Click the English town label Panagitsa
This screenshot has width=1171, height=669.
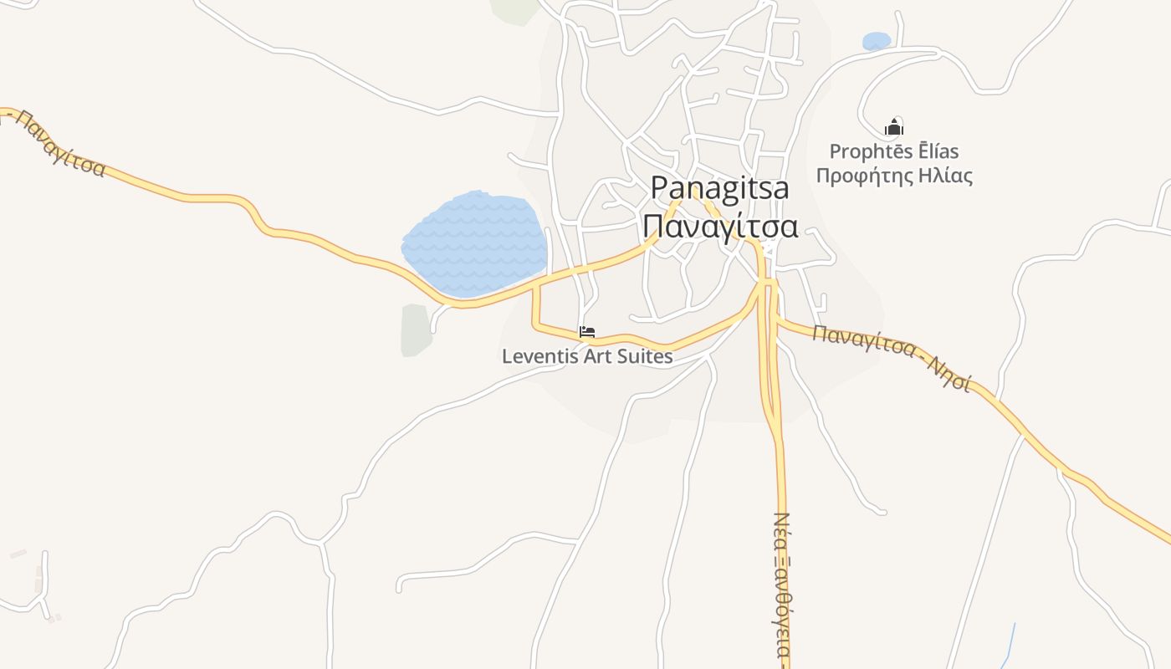point(719,188)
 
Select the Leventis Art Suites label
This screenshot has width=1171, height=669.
point(587,356)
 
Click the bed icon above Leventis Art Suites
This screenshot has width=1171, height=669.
point(587,332)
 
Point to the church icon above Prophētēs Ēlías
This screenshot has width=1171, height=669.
point(894,128)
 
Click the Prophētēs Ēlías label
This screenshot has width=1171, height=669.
point(894,151)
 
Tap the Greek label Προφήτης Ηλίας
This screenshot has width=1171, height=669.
point(894,176)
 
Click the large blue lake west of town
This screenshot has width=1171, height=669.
point(474,243)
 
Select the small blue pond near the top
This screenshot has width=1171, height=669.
point(877,41)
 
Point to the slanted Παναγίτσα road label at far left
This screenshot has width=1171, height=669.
point(59,144)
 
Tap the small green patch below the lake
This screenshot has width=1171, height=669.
point(416,330)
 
